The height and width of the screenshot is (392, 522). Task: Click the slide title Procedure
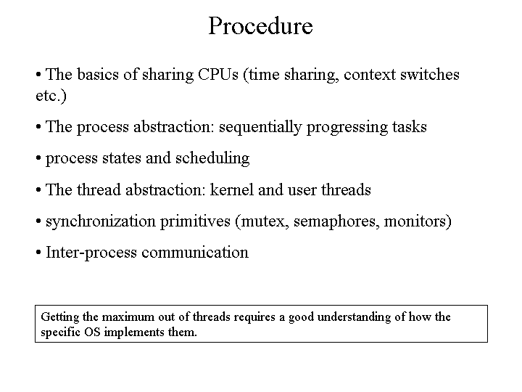(261, 25)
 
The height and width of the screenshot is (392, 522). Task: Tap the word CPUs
(218, 74)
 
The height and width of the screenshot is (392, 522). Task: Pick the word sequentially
(260, 127)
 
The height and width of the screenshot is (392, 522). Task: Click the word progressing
(347, 128)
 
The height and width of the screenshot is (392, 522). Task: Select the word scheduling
(212, 158)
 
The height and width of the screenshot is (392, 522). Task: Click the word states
(122, 158)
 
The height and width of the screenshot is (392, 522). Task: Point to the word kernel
(232, 189)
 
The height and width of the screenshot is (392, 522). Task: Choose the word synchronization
(101, 221)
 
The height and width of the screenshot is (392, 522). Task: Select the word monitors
(415, 221)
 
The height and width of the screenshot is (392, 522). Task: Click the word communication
(195, 253)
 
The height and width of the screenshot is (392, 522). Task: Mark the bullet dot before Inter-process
(38, 253)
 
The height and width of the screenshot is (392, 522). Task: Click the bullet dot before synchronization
(38, 221)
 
